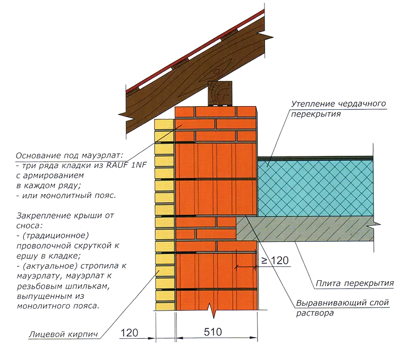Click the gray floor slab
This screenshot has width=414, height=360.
pos(305,228)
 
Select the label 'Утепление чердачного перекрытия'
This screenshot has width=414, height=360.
pos(339,109)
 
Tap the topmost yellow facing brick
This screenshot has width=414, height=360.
pos(164,124)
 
